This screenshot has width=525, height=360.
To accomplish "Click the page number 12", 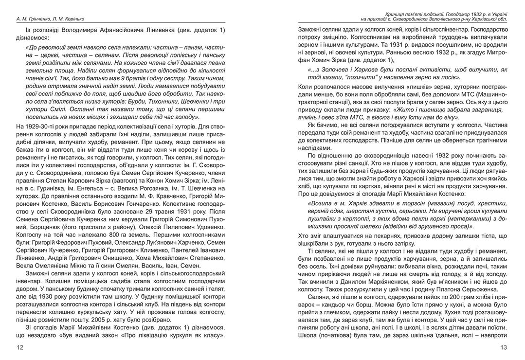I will click(20, 347).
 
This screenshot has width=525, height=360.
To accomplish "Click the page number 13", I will click(504, 347).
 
